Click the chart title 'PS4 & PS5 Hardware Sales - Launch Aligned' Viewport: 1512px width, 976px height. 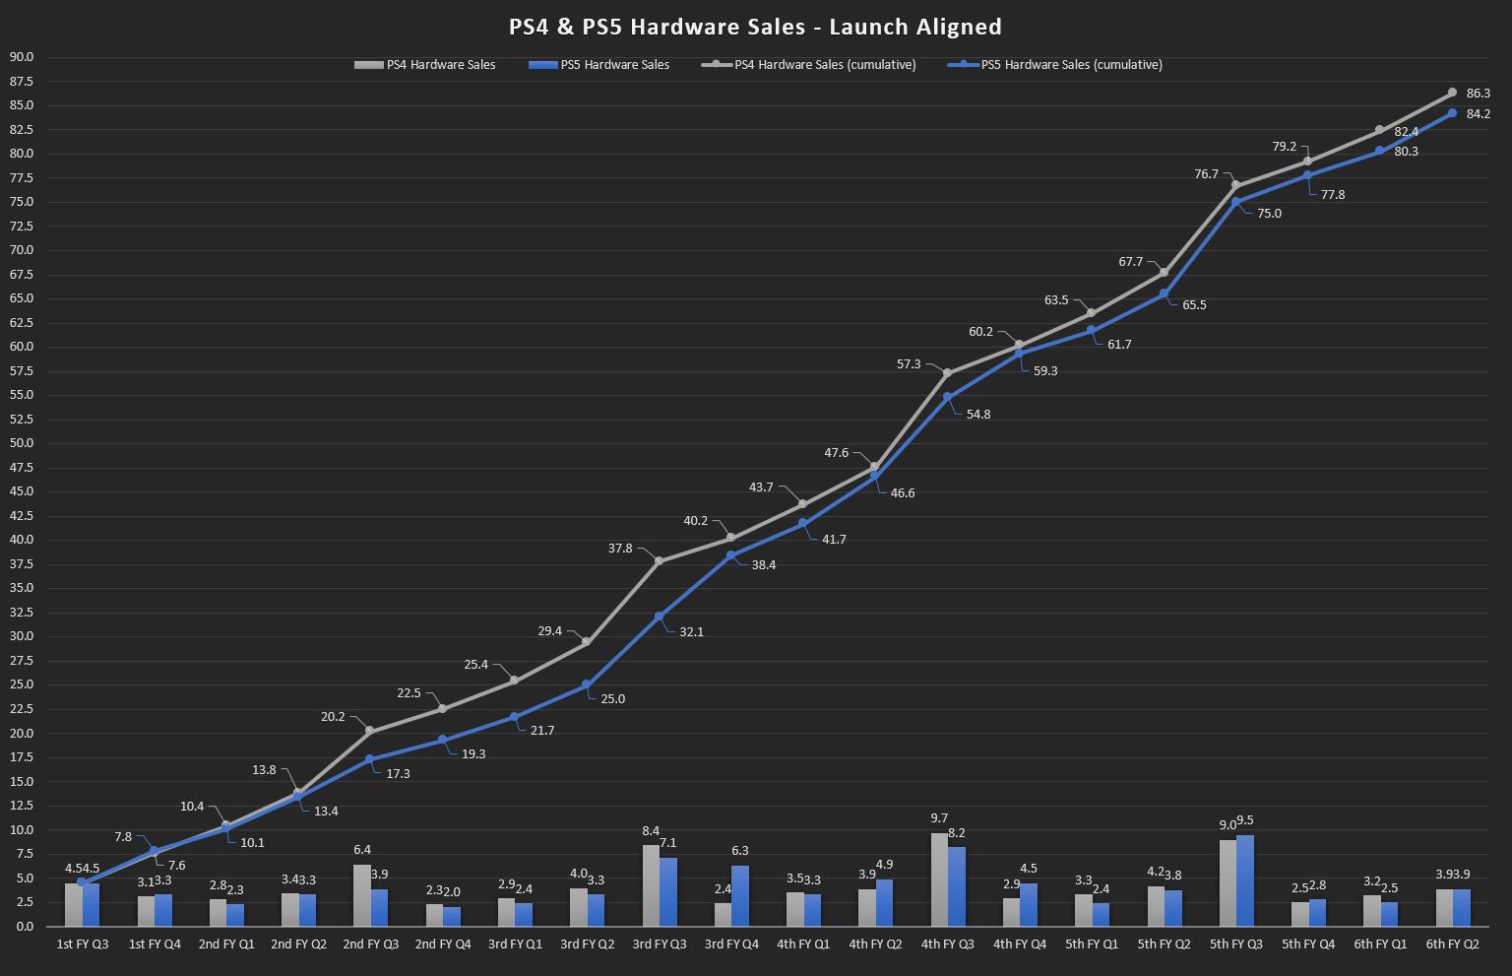click(x=755, y=27)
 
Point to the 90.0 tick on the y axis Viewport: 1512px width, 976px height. click(x=21, y=57)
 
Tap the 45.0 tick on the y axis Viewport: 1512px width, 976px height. click(x=21, y=491)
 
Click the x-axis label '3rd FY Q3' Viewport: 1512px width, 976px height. click(x=659, y=943)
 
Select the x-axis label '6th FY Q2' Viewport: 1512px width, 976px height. click(x=1452, y=943)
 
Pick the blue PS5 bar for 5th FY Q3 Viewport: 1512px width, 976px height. click(x=1245, y=880)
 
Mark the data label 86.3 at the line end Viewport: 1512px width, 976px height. click(x=1478, y=94)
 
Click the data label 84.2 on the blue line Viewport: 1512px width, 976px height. click(x=1478, y=114)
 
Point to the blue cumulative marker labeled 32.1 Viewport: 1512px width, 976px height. click(x=659, y=617)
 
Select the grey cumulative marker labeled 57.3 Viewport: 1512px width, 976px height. click(x=947, y=373)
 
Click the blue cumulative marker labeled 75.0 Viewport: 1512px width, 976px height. click(x=1235, y=202)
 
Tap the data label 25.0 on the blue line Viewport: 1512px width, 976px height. click(x=612, y=699)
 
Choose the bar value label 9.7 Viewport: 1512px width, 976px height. click(x=939, y=818)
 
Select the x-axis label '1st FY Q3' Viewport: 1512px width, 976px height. click(x=83, y=943)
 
